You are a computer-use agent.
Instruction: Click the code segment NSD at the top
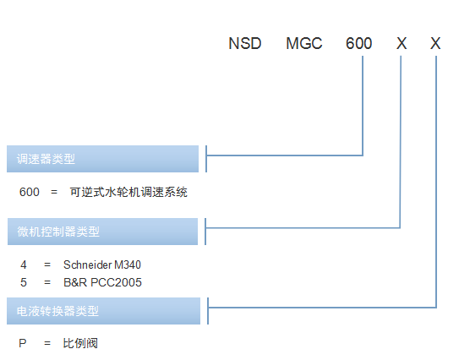click(245, 43)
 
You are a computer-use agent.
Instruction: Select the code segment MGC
click(303, 43)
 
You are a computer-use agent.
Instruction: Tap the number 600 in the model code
click(358, 43)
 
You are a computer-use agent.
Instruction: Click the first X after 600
click(402, 43)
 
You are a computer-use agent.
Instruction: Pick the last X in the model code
click(435, 43)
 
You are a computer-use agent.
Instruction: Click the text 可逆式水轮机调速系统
click(128, 193)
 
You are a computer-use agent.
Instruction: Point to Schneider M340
click(102, 265)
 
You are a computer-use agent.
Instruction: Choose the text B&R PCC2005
click(102, 282)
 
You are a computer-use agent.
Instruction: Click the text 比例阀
click(80, 343)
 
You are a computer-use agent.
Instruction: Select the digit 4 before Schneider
click(24, 265)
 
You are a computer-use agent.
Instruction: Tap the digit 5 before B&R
click(24, 282)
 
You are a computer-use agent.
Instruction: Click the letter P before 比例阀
click(23, 343)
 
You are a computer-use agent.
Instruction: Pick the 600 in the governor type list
click(30, 193)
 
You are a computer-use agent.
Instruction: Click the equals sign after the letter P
click(47, 343)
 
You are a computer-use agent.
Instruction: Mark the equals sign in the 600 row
click(54, 193)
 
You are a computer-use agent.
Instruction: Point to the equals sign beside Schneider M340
click(47, 265)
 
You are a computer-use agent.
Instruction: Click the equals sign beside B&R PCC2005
click(47, 282)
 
